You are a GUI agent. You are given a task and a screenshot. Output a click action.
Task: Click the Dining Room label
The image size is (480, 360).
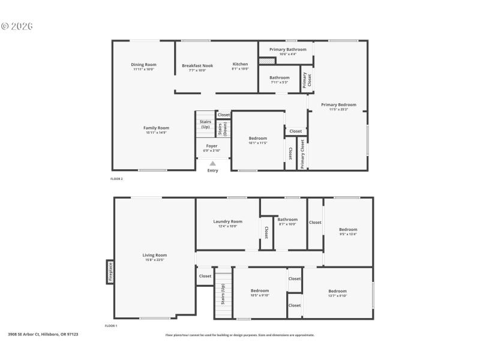[x=143, y=65]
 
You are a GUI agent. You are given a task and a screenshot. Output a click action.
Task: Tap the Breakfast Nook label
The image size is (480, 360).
[x=197, y=65]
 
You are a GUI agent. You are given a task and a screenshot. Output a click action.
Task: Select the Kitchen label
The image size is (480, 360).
[x=240, y=64]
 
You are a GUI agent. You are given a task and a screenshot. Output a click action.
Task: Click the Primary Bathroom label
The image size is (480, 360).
[x=287, y=49]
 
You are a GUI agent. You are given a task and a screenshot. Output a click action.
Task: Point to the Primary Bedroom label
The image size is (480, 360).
[x=338, y=104]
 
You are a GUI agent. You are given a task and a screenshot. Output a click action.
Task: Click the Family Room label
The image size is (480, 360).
[x=156, y=128]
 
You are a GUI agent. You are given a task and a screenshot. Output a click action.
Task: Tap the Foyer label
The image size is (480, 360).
[x=212, y=146]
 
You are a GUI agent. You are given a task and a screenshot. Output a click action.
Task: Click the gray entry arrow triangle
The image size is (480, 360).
[x=212, y=163]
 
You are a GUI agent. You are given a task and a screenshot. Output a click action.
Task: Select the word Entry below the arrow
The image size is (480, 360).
[x=213, y=170]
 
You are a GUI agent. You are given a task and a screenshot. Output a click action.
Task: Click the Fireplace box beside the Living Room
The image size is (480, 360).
[x=110, y=271]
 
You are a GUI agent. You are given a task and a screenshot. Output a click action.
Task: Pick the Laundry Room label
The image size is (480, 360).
[x=228, y=221]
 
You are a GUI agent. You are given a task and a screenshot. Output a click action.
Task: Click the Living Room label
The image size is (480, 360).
[x=155, y=255]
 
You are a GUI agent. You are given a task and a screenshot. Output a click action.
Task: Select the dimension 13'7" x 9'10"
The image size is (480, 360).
[x=337, y=296]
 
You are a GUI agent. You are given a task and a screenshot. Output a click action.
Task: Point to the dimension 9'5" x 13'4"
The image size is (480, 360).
[x=348, y=234]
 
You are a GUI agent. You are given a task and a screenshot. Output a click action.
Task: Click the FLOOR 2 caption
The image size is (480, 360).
[x=116, y=179]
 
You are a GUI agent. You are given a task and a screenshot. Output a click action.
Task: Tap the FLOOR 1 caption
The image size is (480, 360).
[x=111, y=325]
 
